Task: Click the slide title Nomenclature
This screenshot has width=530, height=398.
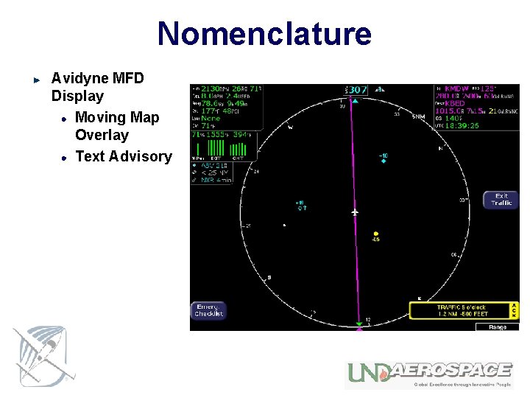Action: click(x=264, y=34)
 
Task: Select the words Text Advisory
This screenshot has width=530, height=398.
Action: click(x=123, y=156)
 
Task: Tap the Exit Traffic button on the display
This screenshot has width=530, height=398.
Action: click(x=501, y=200)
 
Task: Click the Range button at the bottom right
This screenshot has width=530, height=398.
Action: click(x=497, y=327)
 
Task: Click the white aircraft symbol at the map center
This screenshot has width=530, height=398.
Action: click(x=355, y=212)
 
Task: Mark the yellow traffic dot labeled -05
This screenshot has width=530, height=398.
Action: click(x=375, y=233)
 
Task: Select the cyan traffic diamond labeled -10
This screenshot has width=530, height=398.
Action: click(x=383, y=161)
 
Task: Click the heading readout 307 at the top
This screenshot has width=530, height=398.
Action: click(x=357, y=90)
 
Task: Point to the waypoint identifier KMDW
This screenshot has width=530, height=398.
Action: click(x=456, y=88)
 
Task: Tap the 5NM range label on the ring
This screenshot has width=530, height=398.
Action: click(x=418, y=116)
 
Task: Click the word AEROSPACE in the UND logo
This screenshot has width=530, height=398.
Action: click(x=451, y=370)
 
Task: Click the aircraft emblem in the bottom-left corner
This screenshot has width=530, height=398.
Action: click(x=41, y=356)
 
